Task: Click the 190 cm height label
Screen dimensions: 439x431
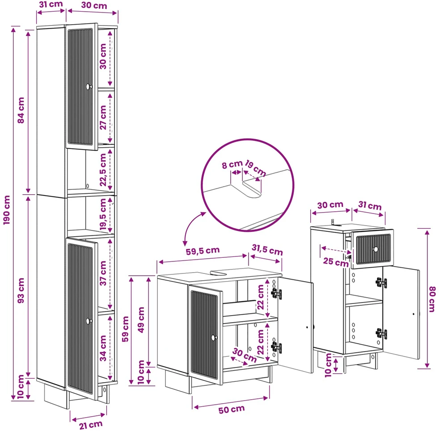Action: [x=6, y=210]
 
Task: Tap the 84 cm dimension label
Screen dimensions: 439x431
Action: [x=21, y=110]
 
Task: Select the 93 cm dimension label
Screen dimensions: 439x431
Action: [x=21, y=290]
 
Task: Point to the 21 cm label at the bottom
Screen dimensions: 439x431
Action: [x=90, y=425]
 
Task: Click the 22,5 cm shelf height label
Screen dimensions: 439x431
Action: [x=103, y=170]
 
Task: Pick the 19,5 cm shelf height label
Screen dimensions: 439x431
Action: [x=103, y=214]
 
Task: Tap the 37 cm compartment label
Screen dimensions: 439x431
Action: [x=103, y=273]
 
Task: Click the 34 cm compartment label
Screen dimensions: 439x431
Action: [x=103, y=348]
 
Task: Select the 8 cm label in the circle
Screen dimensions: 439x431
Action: [x=232, y=165]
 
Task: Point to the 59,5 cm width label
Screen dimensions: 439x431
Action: [x=203, y=251]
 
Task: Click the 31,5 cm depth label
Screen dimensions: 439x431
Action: [x=267, y=249]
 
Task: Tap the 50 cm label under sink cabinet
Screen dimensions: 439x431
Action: [x=232, y=410]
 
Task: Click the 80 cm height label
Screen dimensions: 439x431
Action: [x=432, y=299]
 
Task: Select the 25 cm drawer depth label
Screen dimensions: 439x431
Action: [x=336, y=262]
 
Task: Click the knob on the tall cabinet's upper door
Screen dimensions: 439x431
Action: [x=89, y=86]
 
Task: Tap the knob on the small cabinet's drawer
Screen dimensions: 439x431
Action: [x=376, y=249]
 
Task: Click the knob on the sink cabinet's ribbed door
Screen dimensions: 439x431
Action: [x=214, y=337]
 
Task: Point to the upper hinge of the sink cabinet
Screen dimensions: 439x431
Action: [x=276, y=294]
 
